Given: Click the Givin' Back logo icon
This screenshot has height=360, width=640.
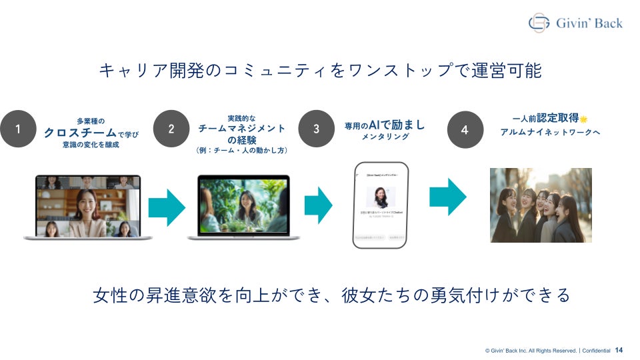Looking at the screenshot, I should pyautogui.click(x=539, y=23).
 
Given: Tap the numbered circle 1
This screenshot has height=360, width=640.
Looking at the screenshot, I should pyautogui.click(x=18, y=129).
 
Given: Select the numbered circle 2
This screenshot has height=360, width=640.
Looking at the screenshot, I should pyautogui.click(x=171, y=129).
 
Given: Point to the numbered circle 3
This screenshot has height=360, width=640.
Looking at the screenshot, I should pyautogui.click(x=316, y=129).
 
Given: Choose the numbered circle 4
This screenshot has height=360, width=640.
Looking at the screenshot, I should pyautogui.click(x=465, y=129).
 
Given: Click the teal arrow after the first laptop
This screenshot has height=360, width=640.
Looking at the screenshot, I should pyautogui.click(x=166, y=207).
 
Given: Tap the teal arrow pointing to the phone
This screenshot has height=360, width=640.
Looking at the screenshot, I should pyautogui.click(x=318, y=205).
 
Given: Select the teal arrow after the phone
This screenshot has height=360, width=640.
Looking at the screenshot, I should pyautogui.click(x=447, y=197).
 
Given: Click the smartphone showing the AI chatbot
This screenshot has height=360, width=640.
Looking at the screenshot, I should pyautogui.click(x=379, y=205).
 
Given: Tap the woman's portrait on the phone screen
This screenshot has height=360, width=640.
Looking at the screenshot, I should pyautogui.click(x=379, y=196).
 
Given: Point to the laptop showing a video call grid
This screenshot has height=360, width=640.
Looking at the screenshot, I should pyautogui.click(x=88, y=207).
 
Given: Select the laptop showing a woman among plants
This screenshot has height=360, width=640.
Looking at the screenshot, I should pyautogui.click(x=243, y=207).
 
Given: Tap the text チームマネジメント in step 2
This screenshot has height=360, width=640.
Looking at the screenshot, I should pyautogui.click(x=242, y=128).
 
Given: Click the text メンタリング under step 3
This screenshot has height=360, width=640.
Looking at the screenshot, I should pyautogui.click(x=385, y=137).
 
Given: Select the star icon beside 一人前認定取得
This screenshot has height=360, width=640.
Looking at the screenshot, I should pyautogui.click(x=583, y=119).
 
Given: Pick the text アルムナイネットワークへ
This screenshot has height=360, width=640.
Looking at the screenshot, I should pyautogui.click(x=550, y=132).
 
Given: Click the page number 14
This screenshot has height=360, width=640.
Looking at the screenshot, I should pyautogui.click(x=619, y=350).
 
